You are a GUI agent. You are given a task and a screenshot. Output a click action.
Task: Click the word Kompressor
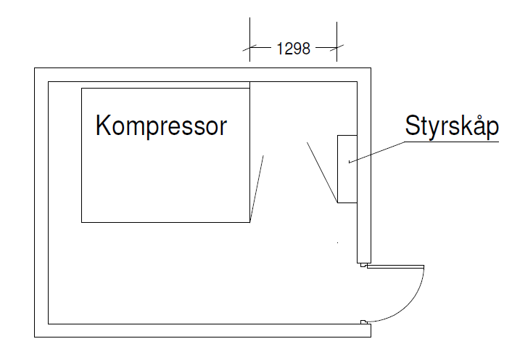[161, 126]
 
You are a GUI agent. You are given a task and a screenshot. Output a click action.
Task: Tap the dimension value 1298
[294, 49]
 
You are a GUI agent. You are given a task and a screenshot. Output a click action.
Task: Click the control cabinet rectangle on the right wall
[347, 168]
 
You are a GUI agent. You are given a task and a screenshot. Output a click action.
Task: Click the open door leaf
[395, 266]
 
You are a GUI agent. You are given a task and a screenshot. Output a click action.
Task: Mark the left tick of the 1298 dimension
[250, 49]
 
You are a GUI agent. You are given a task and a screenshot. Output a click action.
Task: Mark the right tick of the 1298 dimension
[337, 49]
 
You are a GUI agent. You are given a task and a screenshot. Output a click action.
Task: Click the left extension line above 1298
[250, 33]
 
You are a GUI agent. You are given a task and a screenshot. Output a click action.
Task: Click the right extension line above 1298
[337, 33]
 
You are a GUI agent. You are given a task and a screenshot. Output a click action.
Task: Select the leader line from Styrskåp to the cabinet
[377, 151]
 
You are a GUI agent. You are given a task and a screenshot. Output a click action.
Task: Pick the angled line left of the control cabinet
[321, 172]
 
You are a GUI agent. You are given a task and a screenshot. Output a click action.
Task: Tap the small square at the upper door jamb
[363, 266]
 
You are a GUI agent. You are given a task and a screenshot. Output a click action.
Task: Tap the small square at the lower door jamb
[363, 322]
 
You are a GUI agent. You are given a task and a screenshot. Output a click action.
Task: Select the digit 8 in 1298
[306, 49]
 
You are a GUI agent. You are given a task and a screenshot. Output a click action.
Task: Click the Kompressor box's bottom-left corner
[82, 221]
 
